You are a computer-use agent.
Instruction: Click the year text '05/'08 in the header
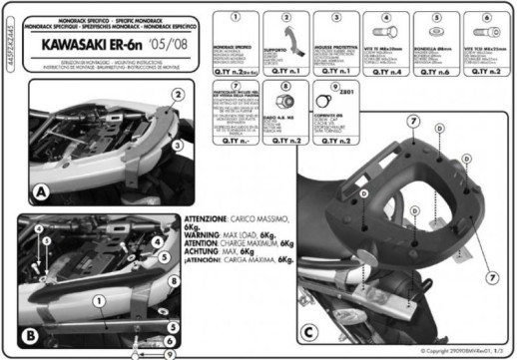pos(166,46)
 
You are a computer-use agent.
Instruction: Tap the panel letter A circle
pos(40,191)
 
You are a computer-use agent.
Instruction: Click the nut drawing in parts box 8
pos(286,103)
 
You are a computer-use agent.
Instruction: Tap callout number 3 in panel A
pos(176,146)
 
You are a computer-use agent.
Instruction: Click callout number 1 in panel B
pos(98,299)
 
